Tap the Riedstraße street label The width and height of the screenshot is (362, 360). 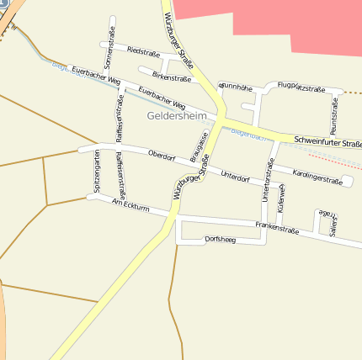pos(143,51)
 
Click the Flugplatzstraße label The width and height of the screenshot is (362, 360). pos(301,86)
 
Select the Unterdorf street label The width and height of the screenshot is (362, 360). pos(235,177)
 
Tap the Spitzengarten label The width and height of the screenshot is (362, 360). pos(98,172)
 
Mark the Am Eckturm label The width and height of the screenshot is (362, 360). pos(130,204)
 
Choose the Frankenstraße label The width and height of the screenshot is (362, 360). pos(277,228)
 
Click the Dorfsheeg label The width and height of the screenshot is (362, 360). pos(221,240)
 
